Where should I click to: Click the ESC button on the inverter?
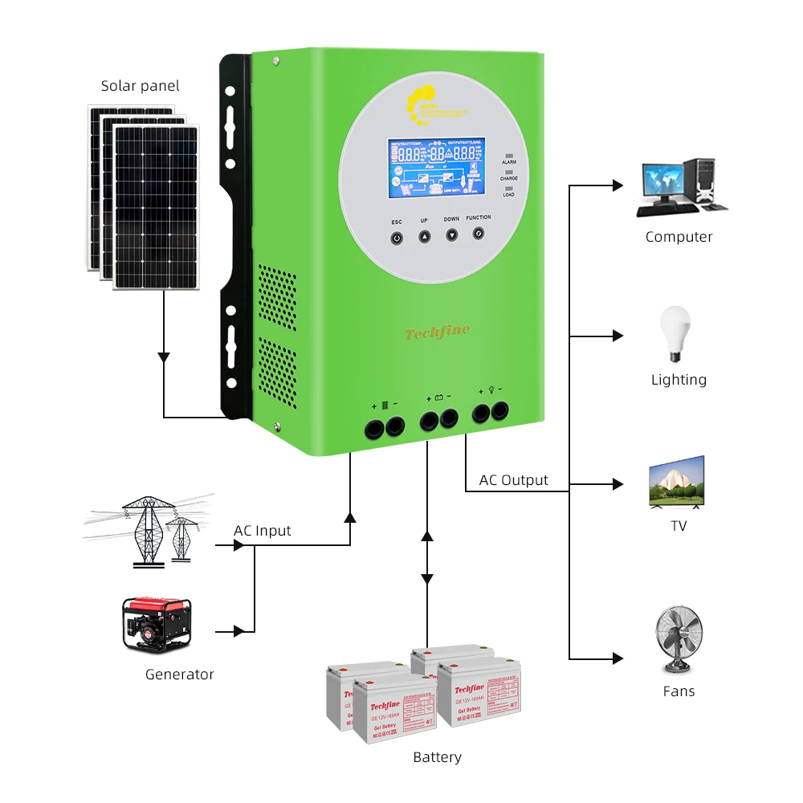[x=397, y=238]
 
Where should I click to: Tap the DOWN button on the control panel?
[x=451, y=235]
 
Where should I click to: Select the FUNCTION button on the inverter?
[x=479, y=233]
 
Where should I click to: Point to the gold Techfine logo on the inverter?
[x=438, y=332]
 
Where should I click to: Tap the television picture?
[x=676, y=483]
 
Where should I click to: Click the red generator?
[x=157, y=623]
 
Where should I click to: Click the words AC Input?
[x=263, y=531]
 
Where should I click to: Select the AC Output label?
[x=514, y=480]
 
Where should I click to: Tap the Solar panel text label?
[x=141, y=86]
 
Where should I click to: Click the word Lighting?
[x=679, y=380]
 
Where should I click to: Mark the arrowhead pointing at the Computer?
[x=618, y=185]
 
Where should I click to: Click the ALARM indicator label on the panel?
[x=509, y=162]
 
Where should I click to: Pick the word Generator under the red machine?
[x=180, y=675]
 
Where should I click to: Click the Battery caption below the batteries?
[x=438, y=757]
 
